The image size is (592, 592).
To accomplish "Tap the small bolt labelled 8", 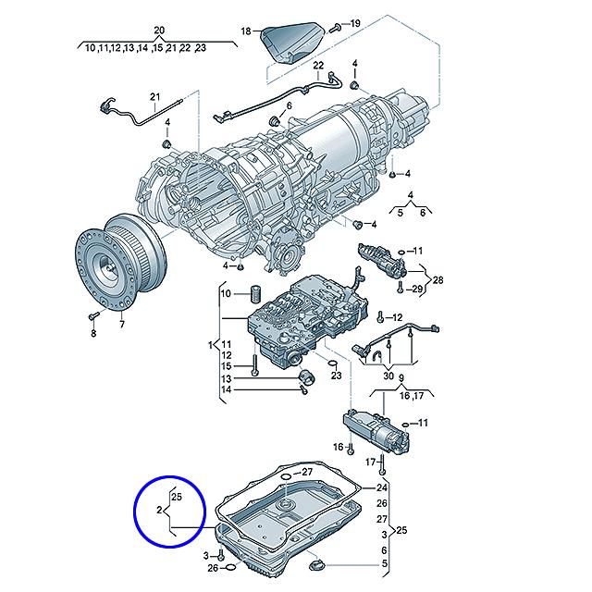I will [92, 316].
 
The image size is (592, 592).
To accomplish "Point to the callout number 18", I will [246, 31].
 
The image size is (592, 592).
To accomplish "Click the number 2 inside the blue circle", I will [160, 510].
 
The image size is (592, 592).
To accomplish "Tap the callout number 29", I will [417, 290].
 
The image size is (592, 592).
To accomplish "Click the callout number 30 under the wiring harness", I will [388, 376].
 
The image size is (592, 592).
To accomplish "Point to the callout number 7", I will [120, 326].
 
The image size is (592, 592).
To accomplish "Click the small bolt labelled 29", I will [399, 289].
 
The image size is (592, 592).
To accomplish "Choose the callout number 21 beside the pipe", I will [154, 97].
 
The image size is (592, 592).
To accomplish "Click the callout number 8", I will [92, 334].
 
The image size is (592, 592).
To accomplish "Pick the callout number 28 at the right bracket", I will [438, 279].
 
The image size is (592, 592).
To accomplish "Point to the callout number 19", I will [354, 22].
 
